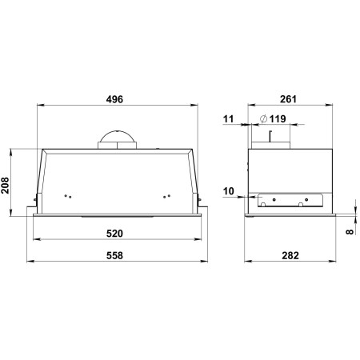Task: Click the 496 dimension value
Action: click(x=114, y=99)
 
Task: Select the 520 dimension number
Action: click(x=114, y=234)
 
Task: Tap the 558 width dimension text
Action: click(x=114, y=255)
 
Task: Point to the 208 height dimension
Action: click(x=5, y=185)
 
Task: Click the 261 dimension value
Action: click(x=288, y=99)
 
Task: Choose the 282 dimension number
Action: click(x=290, y=255)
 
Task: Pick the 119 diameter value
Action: click(x=278, y=118)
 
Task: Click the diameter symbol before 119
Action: click(x=263, y=118)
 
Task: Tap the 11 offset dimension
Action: click(x=228, y=118)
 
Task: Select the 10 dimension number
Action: click(x=228, y=191)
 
